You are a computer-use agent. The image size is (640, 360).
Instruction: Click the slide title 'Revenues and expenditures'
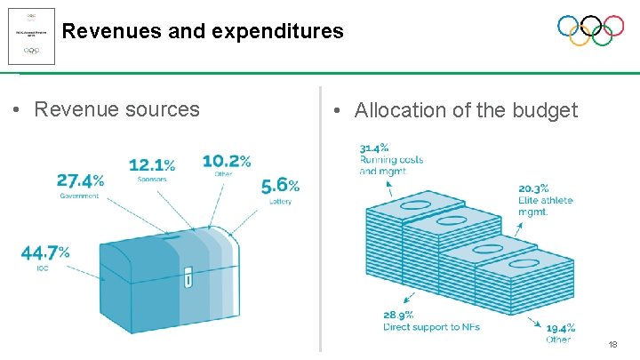(203, 32)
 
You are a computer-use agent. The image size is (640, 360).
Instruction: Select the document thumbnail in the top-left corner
(31, 36)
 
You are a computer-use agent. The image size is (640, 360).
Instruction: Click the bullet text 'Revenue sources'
(116, 109)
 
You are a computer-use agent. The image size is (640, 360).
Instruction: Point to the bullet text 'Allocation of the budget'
(466, 110)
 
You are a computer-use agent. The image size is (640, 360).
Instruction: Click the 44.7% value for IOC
(45, 253)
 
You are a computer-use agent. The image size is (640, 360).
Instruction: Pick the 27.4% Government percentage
(80, 180)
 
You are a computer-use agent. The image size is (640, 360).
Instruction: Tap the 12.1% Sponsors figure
(152, 165)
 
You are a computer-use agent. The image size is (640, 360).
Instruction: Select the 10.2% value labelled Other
(226, 161)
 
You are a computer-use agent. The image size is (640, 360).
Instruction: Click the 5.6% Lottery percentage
(280, 185)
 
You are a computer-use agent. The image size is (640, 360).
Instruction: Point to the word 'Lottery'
(280, 202)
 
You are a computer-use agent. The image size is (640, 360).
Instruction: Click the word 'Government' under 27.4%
(79, 196)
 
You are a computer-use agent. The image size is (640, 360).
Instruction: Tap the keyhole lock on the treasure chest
(188, 278)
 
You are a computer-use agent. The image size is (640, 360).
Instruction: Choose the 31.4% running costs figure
(374, 148)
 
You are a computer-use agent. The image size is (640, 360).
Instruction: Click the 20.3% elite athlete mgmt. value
(533, 188)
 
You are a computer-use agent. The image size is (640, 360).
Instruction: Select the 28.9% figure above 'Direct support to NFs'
(398, 316)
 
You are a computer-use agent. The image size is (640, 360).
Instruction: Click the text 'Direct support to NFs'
(431, 328)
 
